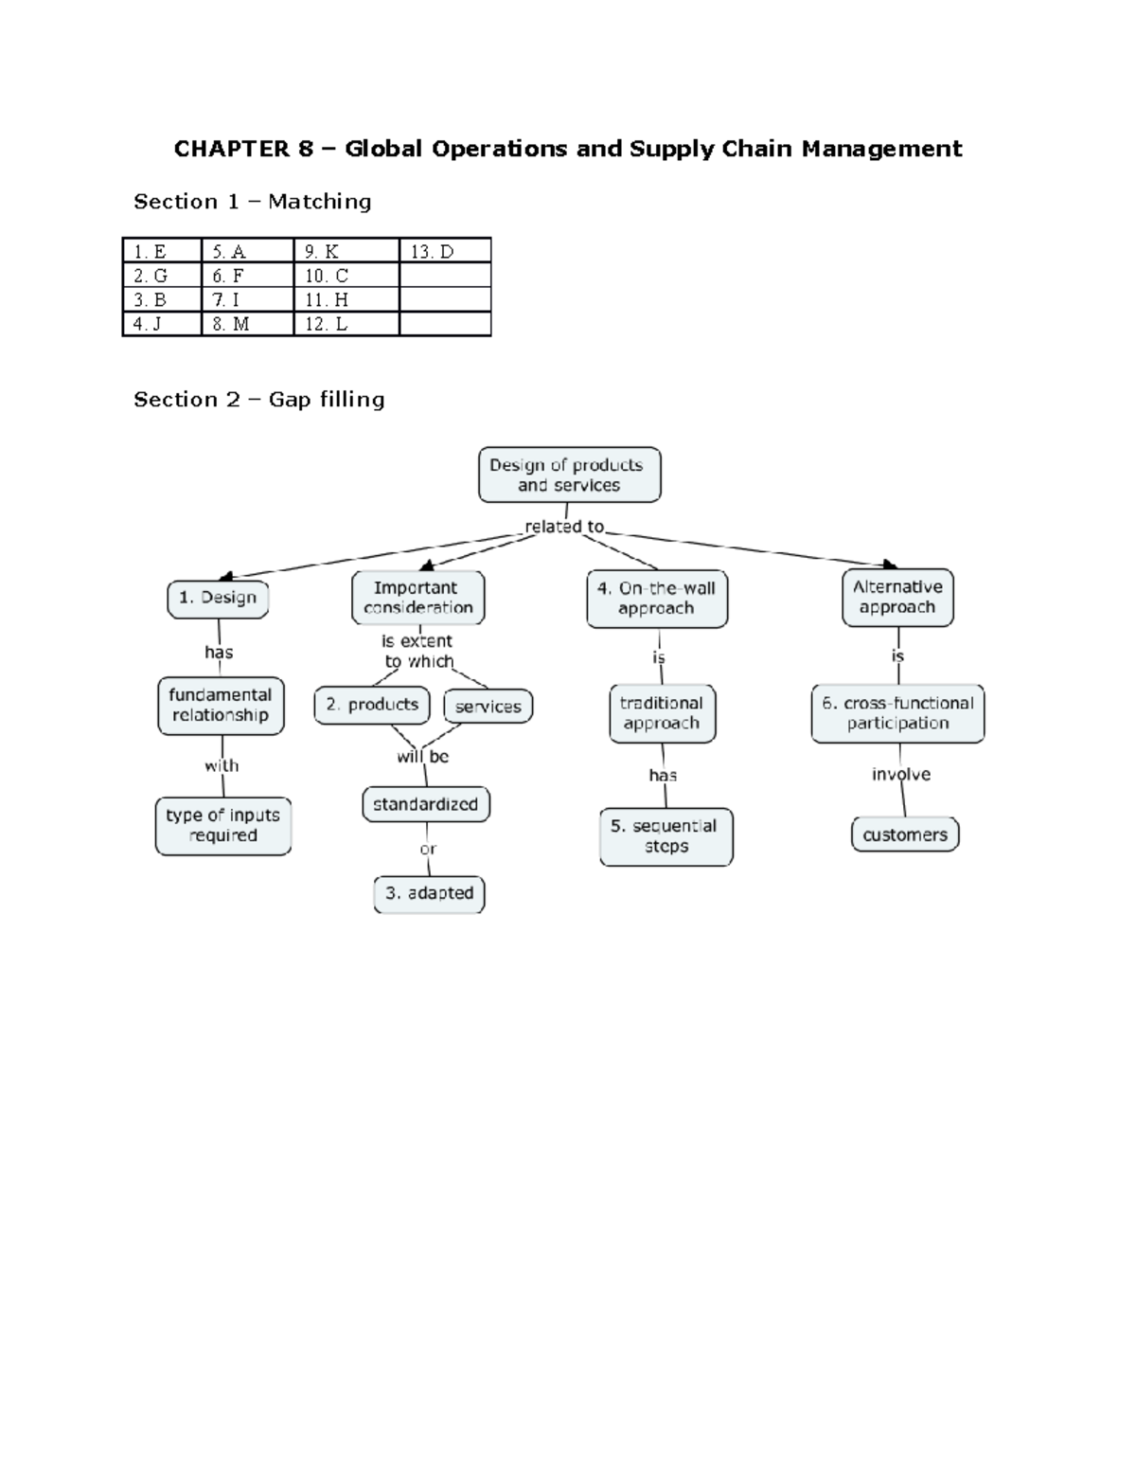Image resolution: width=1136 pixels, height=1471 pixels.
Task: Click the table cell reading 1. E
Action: (x=161, y=251)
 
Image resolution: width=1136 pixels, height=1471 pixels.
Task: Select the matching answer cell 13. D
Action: (x=444, y=251)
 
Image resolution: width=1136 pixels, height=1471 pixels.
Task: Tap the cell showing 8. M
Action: (x=246, y=324)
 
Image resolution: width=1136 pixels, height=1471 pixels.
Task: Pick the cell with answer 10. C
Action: (x=346, y=276)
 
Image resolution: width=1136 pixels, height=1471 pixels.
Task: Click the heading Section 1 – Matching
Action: (x=252, y=202)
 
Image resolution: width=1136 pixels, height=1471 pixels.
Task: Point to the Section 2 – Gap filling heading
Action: (x=258, y=400)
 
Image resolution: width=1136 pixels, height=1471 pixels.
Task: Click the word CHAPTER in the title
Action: (x=231, y=149)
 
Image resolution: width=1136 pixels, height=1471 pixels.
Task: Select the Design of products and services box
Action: (x=569, y=475)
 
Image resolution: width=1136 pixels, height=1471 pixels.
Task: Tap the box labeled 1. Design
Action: (x=218, y=598)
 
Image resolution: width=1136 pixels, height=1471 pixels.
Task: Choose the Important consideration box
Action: (x=417, y=598)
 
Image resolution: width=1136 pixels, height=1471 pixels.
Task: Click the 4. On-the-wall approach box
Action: (x=656, y=598)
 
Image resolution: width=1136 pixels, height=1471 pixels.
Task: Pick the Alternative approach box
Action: (x=896, y=597)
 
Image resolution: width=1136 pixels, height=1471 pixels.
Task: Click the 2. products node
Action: (x=371, y=705)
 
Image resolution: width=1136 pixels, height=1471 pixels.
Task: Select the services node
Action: (x=488, y=707)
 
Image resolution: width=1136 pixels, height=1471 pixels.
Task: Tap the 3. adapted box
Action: (x=429, y=893)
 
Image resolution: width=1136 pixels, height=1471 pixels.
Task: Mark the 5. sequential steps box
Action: (x=666, y=836)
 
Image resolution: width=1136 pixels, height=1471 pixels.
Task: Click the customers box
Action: (x=904, y=834)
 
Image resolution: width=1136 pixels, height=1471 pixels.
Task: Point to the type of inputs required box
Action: (x=222, y=826)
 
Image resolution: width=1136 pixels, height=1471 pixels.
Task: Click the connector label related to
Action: (x=564, y=527)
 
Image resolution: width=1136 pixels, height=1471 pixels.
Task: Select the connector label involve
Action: (x=900, y=775)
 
